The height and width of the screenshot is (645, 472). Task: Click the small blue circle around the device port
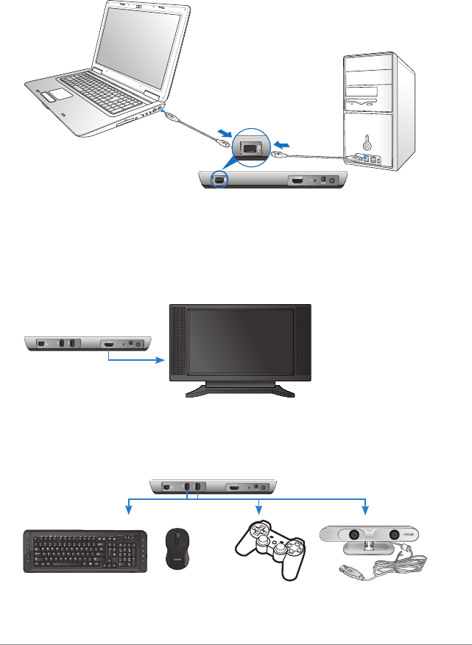pos(218,179)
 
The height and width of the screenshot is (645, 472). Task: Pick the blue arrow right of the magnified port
pos(283,140)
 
